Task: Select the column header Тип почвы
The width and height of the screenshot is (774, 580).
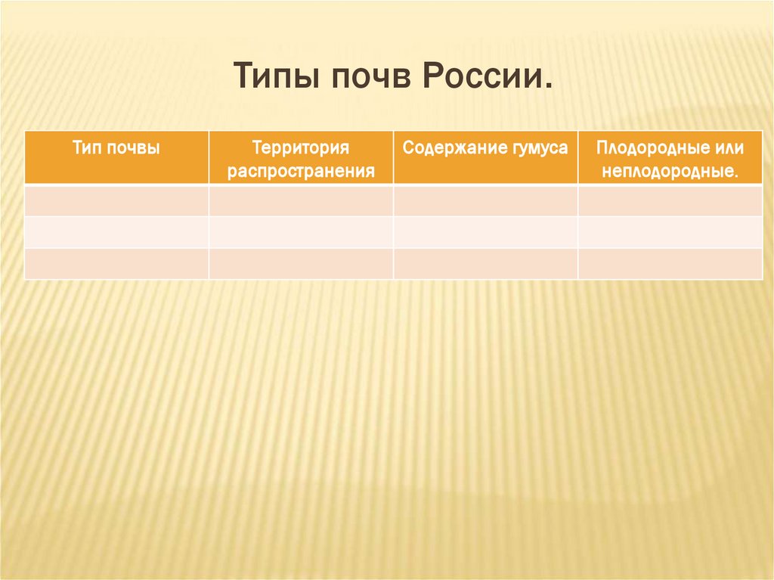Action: point(116,147)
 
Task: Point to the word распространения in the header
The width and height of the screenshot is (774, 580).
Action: point(301,171)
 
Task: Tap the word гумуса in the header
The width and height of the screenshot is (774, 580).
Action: point(539,147)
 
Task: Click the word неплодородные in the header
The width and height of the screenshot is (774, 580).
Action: point(670,171)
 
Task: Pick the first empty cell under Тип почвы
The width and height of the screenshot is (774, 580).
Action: point(116,200)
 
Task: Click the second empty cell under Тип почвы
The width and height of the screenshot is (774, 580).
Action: point(116,232)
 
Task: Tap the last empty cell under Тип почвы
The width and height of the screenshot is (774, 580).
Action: point(116,263)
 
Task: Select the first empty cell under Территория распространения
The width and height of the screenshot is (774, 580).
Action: point(301,200)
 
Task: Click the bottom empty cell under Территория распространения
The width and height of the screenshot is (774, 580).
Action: point(301,263)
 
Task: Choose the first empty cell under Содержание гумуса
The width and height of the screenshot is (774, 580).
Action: point(485,200)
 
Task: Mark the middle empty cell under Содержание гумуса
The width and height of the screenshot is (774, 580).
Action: point(485,232)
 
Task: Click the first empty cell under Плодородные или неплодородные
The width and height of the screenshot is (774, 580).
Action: point(670,200)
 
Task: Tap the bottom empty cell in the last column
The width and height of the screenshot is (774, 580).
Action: point(670,263)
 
